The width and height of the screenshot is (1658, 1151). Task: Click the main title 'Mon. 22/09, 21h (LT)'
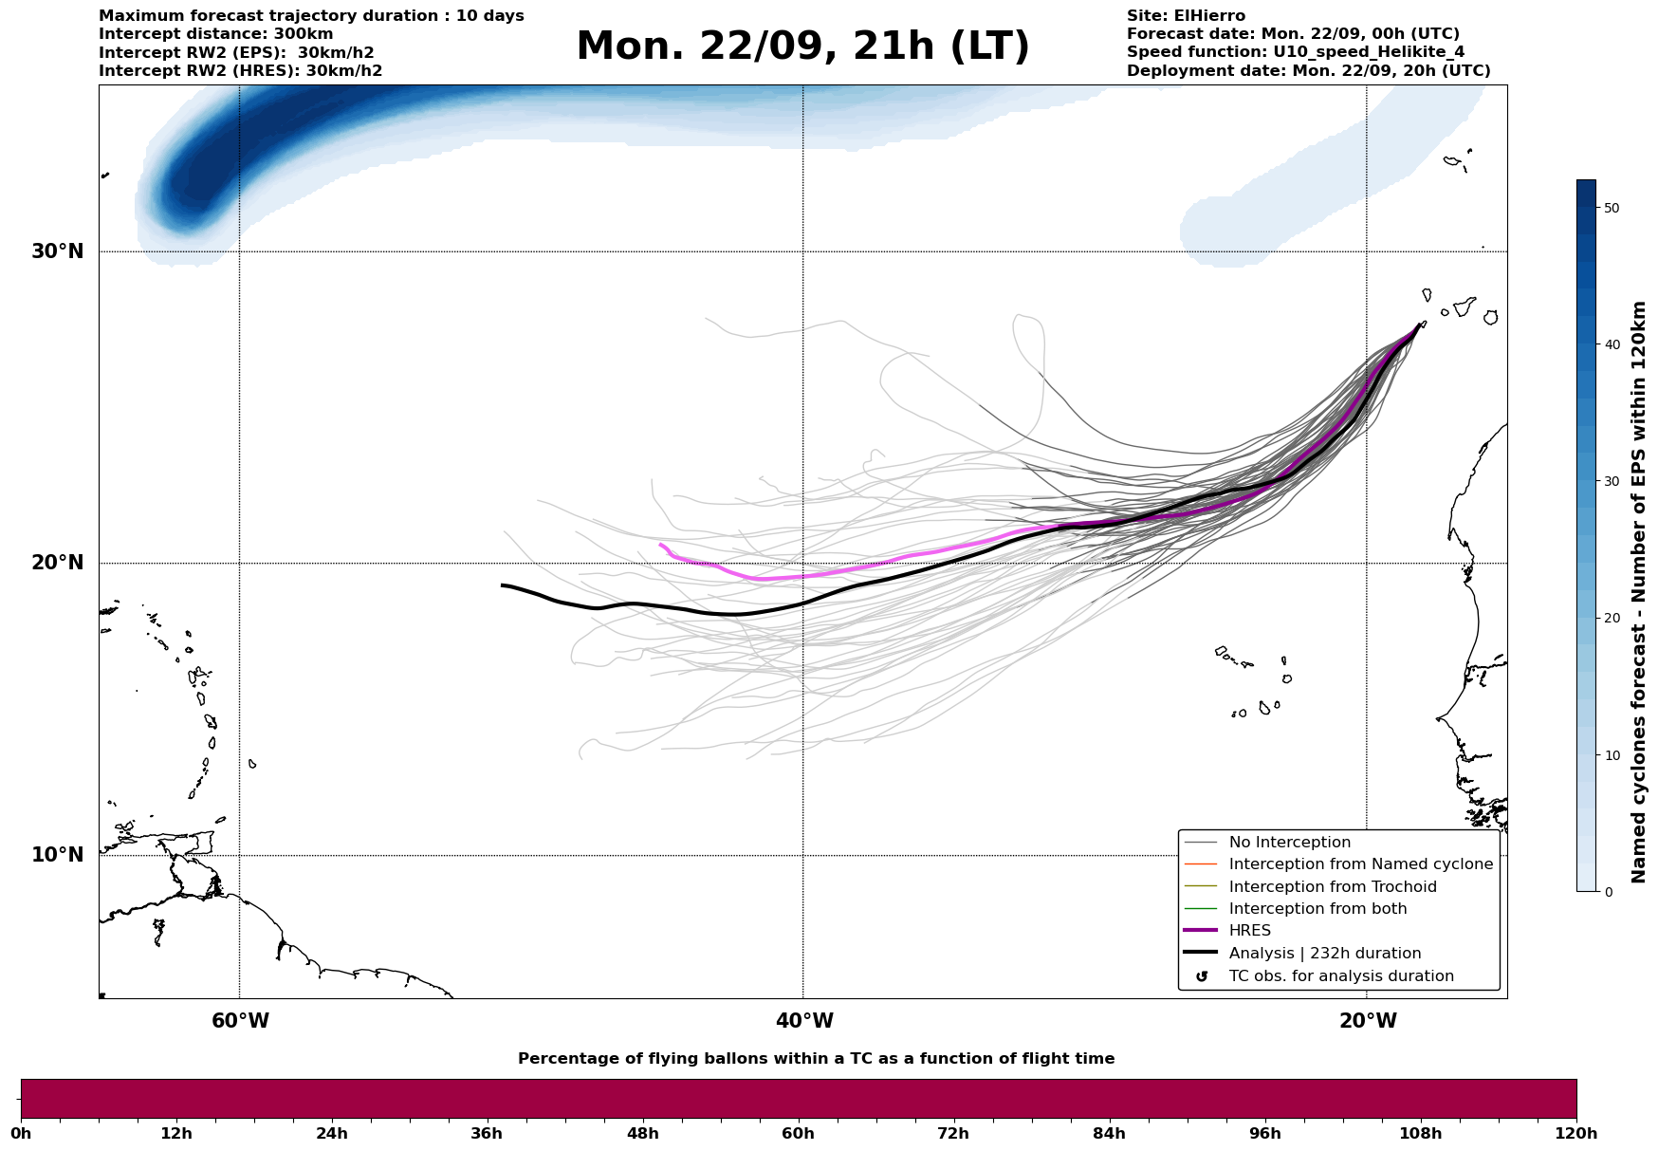click(802, 46)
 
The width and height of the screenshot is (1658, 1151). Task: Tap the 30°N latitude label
click(57, 251)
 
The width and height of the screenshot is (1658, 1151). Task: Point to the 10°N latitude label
click(57, 855)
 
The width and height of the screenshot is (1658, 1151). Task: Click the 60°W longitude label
click(240, 1021)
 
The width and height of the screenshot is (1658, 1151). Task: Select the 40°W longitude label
click(804, 1021)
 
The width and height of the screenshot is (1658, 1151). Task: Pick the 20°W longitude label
click(1368, 1021)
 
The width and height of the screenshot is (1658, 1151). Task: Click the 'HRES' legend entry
click(1249, 931)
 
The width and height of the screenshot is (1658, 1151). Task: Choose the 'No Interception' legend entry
click(1289, 843)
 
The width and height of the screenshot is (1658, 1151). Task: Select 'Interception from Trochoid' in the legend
click(1332, 887)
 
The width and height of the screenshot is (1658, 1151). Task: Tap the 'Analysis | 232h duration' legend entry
click(1324, 954)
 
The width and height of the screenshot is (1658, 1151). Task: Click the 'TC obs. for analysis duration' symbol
click(1202, 976)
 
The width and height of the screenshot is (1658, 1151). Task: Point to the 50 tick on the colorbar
click(1611, 208)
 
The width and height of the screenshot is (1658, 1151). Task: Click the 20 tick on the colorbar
click(1611, 618)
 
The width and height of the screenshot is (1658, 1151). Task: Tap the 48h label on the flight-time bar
click(642, 1134)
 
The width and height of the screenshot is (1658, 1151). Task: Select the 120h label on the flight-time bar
click(1576, 1134)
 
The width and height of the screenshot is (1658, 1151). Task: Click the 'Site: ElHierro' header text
click(1186, 16)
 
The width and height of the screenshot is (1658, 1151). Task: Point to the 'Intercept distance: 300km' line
click(215, 34)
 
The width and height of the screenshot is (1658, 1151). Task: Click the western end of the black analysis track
click(503, 585)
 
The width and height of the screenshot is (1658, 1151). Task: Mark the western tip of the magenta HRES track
click(661, 545)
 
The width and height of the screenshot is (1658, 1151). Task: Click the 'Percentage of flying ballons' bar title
click(816, 1059)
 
